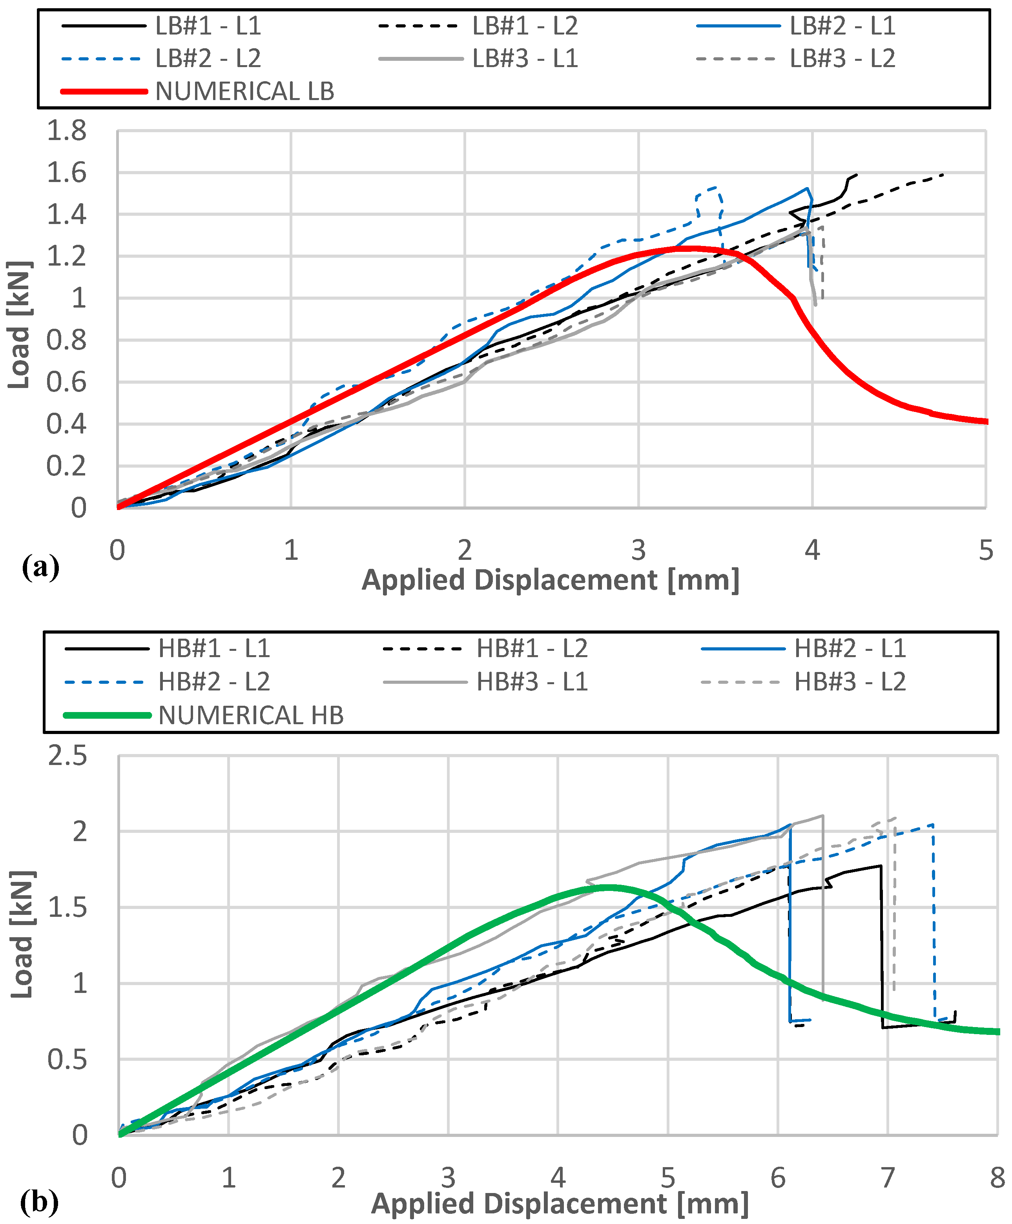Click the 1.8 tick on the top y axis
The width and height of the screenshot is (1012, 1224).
[x=66, y=131]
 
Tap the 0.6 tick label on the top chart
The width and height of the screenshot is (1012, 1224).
[x=66, y=382]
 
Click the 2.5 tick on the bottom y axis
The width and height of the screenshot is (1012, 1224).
[x=67, y=756]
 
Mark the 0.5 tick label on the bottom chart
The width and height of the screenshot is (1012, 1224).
[x=67, y=1060]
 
